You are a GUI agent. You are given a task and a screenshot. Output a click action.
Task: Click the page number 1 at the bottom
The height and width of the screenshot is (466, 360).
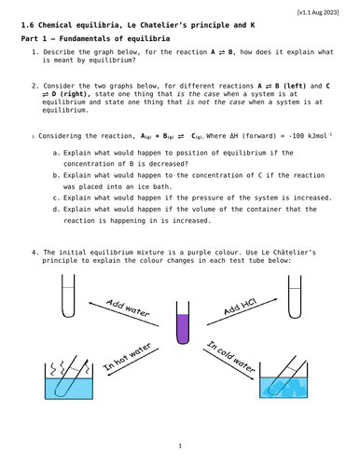180,445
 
